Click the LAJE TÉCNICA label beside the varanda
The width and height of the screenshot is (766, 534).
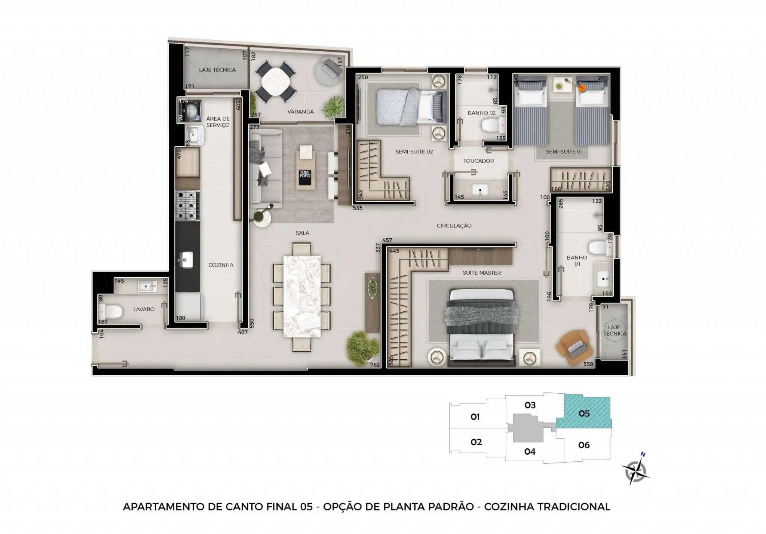tap(217, 70)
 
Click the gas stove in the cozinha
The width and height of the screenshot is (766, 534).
tap(187, 205)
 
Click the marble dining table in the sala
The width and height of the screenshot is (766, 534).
tap(302, 297)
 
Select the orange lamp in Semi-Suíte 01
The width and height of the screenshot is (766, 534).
tap(582, 88)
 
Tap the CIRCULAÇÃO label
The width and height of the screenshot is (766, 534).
tap(454, 226)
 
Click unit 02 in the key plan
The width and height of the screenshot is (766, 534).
tap(476, 442)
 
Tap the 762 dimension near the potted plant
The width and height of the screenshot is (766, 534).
tap(374, 364)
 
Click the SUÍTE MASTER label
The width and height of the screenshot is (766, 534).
tap(482, 273)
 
